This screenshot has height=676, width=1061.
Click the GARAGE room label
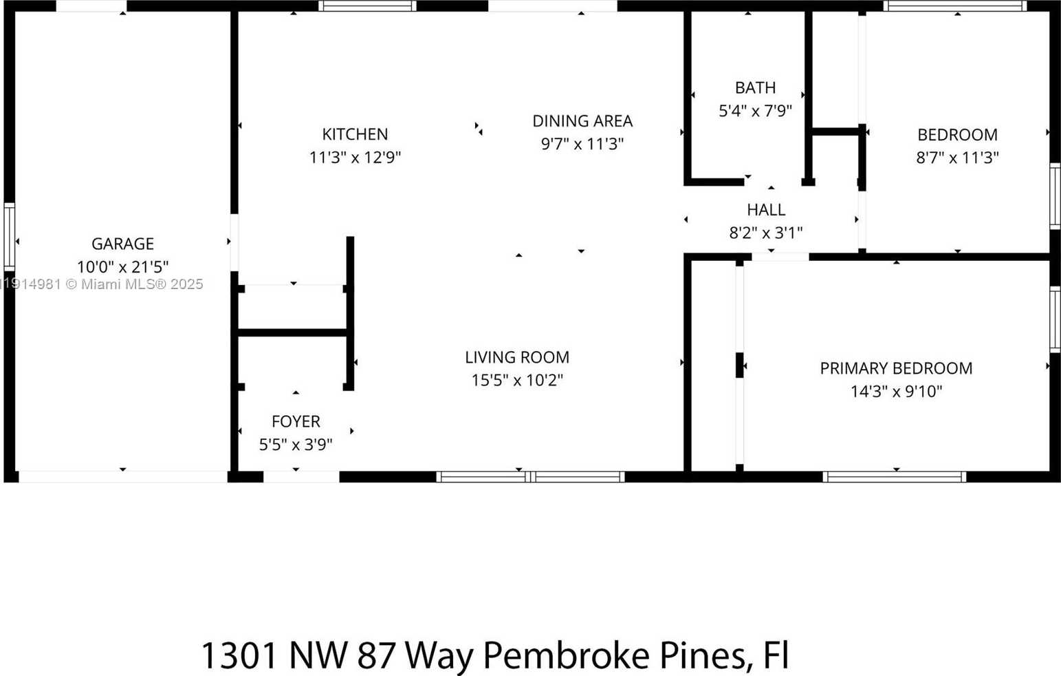point(122,244)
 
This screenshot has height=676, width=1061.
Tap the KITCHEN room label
point(355,134)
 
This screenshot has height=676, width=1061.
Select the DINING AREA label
point(582,121)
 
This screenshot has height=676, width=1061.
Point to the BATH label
point(755,88)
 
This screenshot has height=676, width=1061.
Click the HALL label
point(765,209)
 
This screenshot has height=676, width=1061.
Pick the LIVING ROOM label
point(517,357)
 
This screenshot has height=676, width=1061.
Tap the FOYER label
point(296,421)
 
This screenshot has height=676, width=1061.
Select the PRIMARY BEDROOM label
point(895,368)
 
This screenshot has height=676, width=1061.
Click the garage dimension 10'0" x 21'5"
point(122,266)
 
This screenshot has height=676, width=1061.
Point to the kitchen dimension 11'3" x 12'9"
point(355,158)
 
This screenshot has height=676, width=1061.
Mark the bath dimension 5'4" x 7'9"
point(755,111)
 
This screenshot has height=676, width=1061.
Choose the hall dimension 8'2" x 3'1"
point(765,233)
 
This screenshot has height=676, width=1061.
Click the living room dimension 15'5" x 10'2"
point(517,380)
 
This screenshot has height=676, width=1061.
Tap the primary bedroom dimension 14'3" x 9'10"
point(895,392)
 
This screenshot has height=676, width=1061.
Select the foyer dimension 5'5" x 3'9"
point(296,445)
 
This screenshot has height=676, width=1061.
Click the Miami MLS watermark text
point(103,284)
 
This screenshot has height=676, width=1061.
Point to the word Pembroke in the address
point(565,655)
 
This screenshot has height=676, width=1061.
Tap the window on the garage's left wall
point(9,236)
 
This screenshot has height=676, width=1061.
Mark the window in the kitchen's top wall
point(368,6)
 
